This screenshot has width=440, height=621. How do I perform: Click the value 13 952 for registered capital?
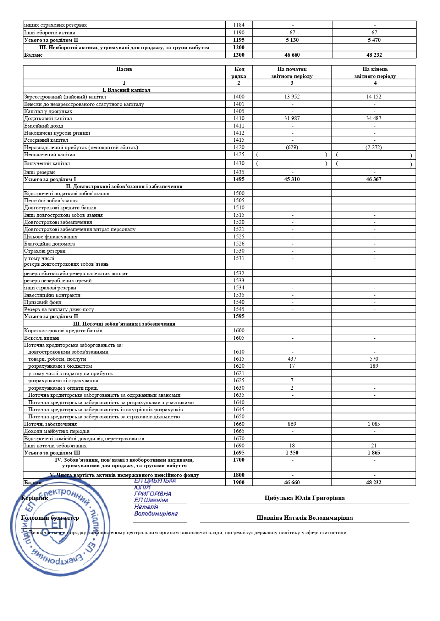(x=292, y=97)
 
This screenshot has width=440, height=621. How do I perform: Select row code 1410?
(x=239, y=118)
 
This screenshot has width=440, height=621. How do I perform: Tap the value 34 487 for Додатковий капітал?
(x=374, y=118)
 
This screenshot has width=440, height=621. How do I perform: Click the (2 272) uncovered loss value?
(x=374, y=147)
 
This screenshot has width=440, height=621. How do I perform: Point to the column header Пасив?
(x=124, y=69)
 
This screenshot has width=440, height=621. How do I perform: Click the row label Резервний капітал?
(x=46, y=140)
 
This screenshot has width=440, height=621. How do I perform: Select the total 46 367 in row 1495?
(x=374, y=179)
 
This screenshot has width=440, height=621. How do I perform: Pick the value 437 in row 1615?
(x=292, y=359)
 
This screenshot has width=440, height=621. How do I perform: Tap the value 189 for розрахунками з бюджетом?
(x=374, y=366)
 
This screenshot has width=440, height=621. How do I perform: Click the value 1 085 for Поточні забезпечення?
(x=374, y=424)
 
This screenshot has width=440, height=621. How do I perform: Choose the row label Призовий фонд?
(x=43, y=302)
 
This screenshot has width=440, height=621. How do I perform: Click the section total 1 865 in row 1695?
(x=374, y=453)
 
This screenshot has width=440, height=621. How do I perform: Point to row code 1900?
(x=239, y=482)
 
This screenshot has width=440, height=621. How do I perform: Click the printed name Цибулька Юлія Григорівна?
(x=304, y=498)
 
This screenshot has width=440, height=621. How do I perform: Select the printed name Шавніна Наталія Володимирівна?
(x=304, y=518)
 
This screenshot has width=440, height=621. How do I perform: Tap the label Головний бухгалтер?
(x=50, y=518)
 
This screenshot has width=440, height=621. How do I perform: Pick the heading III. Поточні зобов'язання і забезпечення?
(x=124, y=324)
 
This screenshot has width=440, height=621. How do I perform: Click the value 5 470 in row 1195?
(x=374, y=40)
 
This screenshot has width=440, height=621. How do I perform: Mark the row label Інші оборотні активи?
(x=50, y=33)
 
